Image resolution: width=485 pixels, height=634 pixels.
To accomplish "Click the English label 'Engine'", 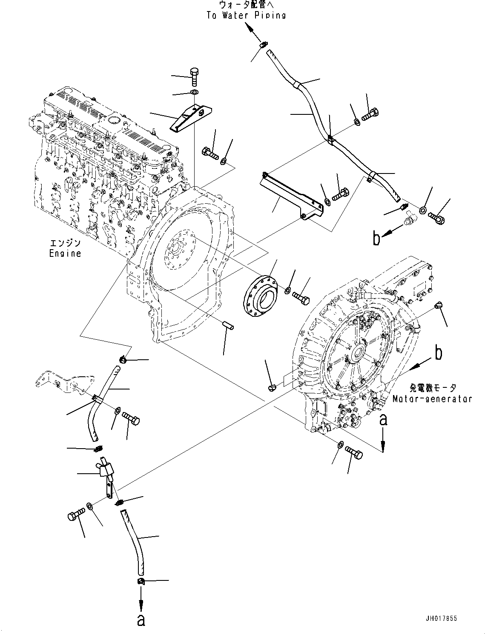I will tap(65, 253).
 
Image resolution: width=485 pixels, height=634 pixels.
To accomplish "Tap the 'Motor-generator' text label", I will tap(432, 399).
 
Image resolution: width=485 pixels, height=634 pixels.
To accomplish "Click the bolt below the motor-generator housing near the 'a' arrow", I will tap(353, 453).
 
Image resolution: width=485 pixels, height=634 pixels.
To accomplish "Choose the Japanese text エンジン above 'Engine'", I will tap(65, 244).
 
